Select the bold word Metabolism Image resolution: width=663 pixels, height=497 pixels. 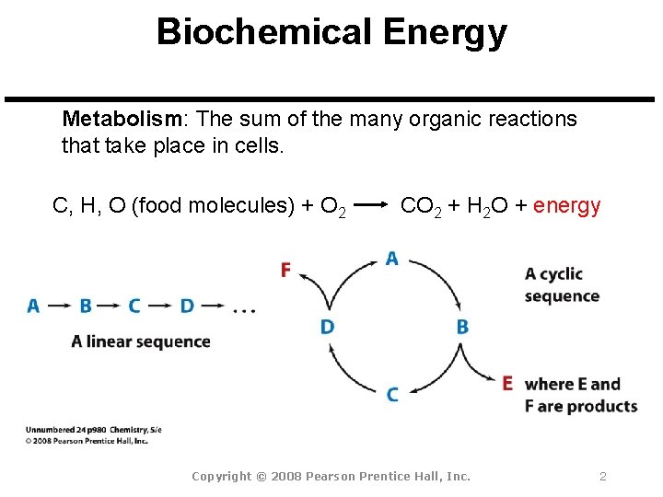(122, 120)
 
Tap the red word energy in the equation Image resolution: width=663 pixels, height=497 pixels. (566, 205)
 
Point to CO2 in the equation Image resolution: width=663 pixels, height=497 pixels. (420, 206)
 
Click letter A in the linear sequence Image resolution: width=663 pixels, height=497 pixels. (33, 306)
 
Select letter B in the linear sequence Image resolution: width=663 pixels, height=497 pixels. (85, 306)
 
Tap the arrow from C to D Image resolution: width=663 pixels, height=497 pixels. (160, 306)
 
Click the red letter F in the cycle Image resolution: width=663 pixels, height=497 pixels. (285, 269)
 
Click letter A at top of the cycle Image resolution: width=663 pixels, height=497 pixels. (391, 259)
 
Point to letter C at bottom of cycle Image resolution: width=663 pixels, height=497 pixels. (392, 394)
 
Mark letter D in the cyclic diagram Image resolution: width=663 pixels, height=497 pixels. (327, 327)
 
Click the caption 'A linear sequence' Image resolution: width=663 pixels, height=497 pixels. (141, 341)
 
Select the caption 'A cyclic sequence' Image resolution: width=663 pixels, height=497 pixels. (562, 285)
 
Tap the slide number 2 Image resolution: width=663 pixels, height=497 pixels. (602, 476)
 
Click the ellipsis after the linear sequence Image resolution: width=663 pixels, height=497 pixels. (244, 309)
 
